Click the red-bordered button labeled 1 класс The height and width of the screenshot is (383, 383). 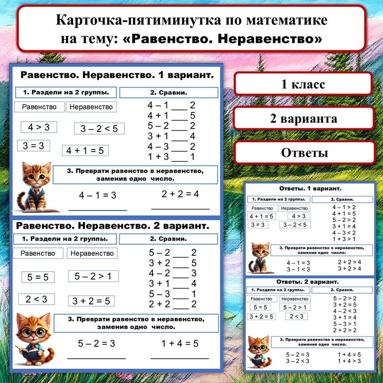303,84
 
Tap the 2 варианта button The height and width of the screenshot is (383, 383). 303,119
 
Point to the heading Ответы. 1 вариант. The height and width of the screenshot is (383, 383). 310,189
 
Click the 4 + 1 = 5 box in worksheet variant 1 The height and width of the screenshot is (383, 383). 85,151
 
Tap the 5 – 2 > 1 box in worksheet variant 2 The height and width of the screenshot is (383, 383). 93,276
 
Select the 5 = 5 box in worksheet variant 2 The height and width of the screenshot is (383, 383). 37,277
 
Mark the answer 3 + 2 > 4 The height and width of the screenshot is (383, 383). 349,269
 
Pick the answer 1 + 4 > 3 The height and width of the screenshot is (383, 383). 349,361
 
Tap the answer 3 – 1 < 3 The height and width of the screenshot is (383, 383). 298,269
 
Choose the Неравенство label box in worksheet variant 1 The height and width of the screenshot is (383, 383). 91,107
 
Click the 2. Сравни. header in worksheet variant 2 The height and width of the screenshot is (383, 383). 168,239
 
